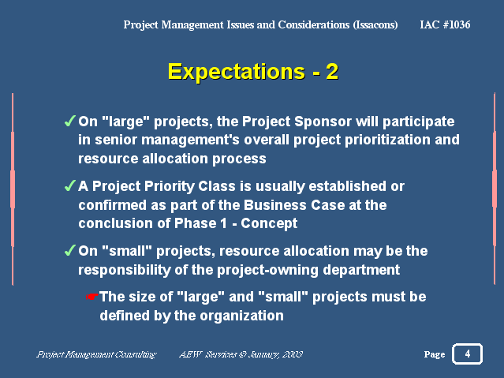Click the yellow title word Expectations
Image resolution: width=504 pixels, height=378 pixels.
(x=237, y=72)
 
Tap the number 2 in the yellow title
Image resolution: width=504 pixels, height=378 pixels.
(x=332, y=71)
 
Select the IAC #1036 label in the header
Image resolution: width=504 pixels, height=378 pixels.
(x=445, y=24)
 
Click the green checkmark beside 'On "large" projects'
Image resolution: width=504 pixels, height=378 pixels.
(x=69, y=121)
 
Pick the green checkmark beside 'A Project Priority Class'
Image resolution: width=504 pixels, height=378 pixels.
(x=69, y=185)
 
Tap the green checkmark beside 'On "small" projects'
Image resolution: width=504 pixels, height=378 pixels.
(x=69, y=250)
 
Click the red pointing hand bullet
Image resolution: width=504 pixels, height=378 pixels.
(x=91, y=296)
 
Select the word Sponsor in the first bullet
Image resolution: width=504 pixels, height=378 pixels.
(x=323, y=122)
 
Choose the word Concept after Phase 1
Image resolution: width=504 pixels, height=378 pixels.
(x=269, y=223)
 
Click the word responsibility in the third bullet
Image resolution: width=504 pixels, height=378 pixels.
(x=125, y=270)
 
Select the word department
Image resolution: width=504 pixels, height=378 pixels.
(x=361, y=270)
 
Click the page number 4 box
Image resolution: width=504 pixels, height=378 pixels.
(x=468, y=354)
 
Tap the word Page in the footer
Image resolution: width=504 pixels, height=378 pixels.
(x=435, y=354)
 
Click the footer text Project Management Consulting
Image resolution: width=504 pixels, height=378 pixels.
(x=96, y=354)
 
